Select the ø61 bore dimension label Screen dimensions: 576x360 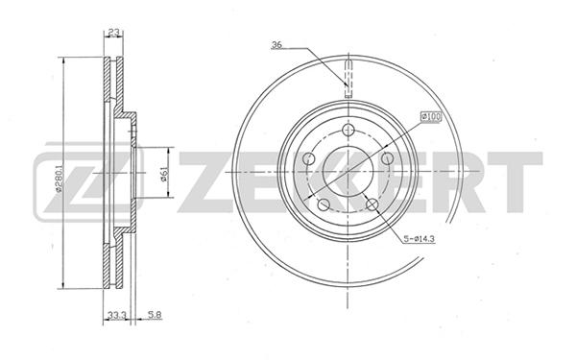(164, 174)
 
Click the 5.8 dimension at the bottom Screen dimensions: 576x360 (155, 315)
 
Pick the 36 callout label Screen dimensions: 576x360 (276, 45)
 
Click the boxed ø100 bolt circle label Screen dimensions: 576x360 (430, 117)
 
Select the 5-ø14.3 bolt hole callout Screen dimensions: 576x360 (420, 239)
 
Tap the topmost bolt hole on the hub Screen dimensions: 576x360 (348, 130)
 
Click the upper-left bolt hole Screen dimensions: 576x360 (309, 159)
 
